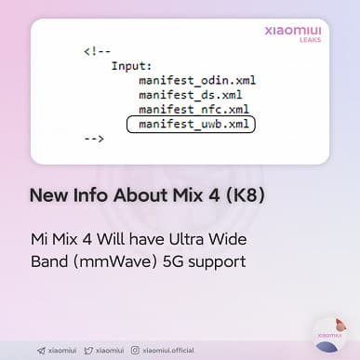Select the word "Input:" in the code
click(x=130, y=66)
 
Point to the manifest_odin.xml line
click(x=196, y=80)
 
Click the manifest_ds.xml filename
click(x=191, y=95)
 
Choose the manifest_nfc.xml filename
click(x=193, y=109)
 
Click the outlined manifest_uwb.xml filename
click(x=193, y=124)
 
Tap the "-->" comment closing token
click(x=93, y=139)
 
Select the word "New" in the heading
click(x=47, y=196)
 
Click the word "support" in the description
click(x=216, y=261)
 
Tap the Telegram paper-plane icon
click(x=42, y=351)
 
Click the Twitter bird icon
click(x=88, y=351)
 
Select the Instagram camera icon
click(x=135, y=351)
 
